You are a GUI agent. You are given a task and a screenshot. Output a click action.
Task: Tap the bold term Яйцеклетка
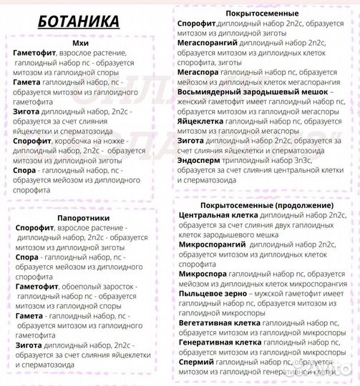pos(203,122)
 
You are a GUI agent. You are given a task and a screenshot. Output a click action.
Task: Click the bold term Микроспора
pos(204,274)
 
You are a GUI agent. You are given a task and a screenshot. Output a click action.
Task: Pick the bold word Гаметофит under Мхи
pos(36,54)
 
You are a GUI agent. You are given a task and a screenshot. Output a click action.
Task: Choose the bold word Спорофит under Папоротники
pos(36,227)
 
